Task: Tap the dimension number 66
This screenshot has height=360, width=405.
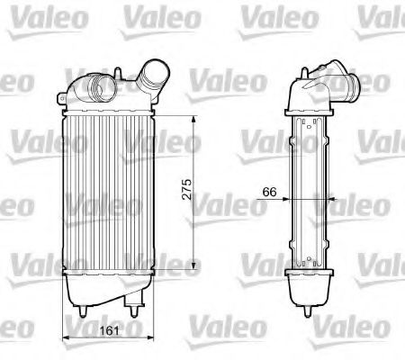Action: pyautogui.click(x=269, y=191)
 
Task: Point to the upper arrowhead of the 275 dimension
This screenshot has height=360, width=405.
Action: pyautogui.click(x=198, y=118)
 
